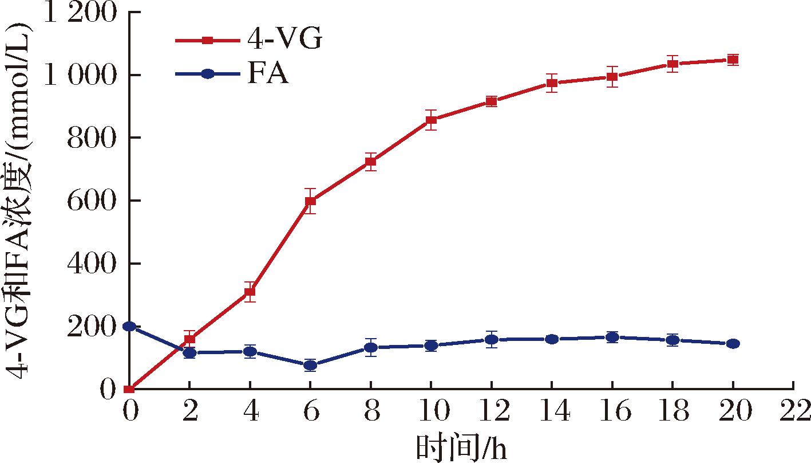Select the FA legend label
pyautogui.click(x=268, y=74)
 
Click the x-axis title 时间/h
pyautogui.click(x=461, y=448)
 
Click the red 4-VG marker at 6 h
pyautogui.click(x=310, y=201)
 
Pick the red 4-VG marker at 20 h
pyautogui.click(x=733, y=60)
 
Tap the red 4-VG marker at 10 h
pyautogui.click(x=431, y=120)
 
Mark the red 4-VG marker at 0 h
pyautogui.click(x=129, y=389)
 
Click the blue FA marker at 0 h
pyautogui.click(x=129, y=326)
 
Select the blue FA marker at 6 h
pyautogui.click(x=310, y=365)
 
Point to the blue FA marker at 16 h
pyautogui.click(x=612, y=338)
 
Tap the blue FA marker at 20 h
pyautogui.click(x=733, y=344)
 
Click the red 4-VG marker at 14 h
pyautogui.click(x=552, y=83)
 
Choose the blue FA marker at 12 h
pyautogui.click(x=491, y=340)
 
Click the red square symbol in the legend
pyautogui.click(x=208, y=41)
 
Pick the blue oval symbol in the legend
pyautogui.click(x=208, y=74)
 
